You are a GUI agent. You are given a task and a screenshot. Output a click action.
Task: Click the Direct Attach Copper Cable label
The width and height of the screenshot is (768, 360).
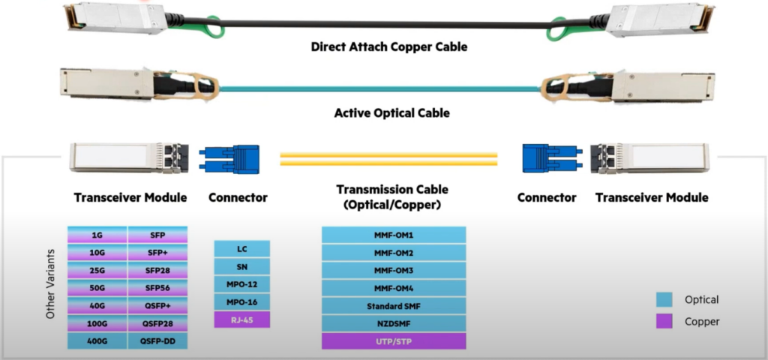(389, 47)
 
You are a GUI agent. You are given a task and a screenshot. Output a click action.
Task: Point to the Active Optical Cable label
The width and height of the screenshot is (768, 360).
(391, 114)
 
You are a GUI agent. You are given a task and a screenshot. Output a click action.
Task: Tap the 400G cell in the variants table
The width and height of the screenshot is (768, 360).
(97, 341)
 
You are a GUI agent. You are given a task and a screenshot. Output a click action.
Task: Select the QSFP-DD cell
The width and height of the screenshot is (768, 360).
(157, 341)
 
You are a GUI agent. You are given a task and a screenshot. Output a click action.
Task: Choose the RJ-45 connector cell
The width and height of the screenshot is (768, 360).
(241, 319)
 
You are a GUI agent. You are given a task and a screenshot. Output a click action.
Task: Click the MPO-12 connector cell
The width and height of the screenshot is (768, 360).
(241, 283)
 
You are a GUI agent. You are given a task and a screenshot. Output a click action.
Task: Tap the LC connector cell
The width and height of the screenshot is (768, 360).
(241, 248)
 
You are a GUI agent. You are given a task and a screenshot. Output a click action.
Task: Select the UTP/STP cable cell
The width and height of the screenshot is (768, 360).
(394, 341)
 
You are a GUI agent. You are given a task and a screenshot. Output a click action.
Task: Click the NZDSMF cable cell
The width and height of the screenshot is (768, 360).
(394, 324)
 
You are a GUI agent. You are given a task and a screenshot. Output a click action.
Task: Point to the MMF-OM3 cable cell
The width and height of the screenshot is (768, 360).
(394, 270)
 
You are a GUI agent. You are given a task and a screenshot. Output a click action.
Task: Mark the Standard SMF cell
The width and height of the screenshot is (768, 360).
(394, 306)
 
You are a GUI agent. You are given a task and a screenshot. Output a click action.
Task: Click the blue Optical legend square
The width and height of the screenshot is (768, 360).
(664, 300)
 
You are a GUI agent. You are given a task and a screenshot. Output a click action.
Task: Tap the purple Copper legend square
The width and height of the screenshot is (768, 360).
(664, 322)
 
